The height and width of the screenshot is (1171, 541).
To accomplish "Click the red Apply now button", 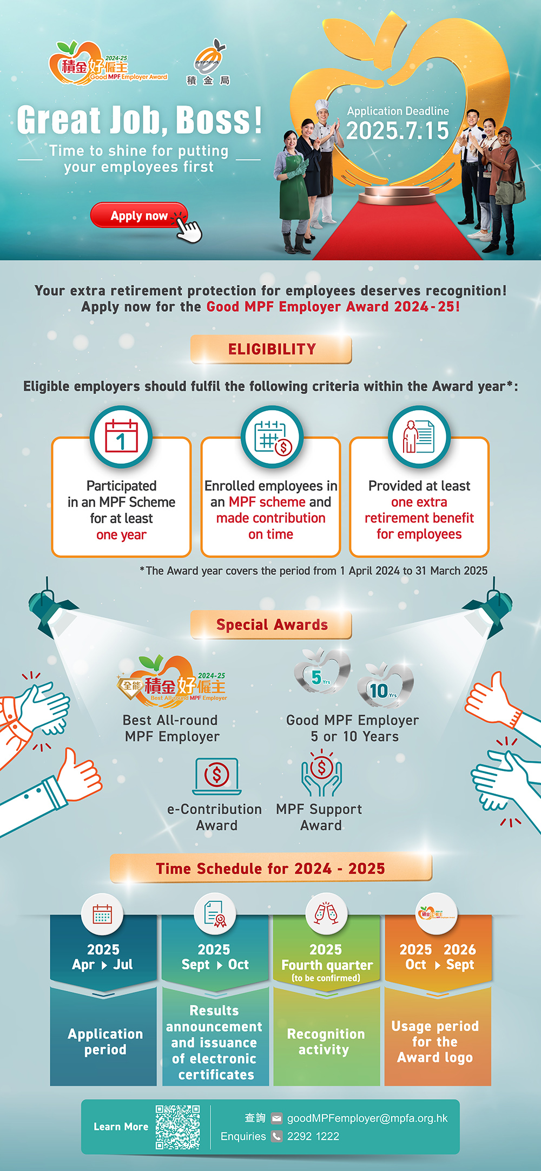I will coord(138,215).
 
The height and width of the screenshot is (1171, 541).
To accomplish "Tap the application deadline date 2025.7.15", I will coord(398,131).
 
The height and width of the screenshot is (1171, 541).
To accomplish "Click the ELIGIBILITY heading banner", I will coord(271,349).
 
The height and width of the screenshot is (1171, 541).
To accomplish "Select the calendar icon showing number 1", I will coord(121,436).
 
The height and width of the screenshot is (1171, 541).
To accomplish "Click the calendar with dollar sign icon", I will coord(272,436).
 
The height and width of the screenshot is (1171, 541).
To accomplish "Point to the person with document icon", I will coord(419,436).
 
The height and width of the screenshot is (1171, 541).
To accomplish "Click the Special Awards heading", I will coord(271,625).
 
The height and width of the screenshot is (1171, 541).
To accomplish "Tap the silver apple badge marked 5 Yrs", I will coord(322,673).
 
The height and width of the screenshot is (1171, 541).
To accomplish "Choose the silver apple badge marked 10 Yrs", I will coord(385,686).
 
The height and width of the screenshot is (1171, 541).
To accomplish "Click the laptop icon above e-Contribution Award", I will coord(216,776).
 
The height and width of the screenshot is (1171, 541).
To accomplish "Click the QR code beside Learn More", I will coord(177,1127).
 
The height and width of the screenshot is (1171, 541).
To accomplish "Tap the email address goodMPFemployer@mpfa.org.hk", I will coord(367,1118).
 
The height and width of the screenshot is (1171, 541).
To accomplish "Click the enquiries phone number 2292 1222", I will coord(313,1136).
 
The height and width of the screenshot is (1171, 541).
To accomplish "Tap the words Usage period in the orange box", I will coord(435,1026).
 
